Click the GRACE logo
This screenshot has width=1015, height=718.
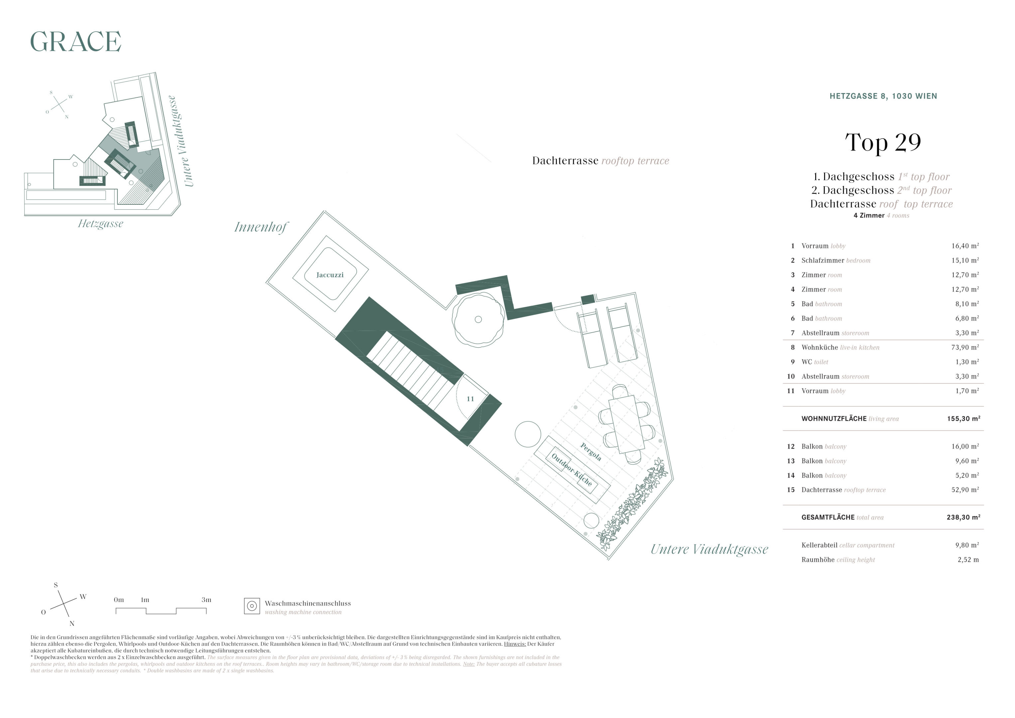[75, 41]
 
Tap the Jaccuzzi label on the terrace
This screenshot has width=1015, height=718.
[330, 275]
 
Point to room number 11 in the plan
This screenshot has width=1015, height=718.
[470, 399]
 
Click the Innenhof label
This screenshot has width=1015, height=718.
[261, 227]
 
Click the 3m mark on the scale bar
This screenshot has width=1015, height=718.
[206, 600]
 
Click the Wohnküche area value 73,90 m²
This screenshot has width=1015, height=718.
[965, 347]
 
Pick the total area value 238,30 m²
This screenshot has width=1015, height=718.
[963, 517]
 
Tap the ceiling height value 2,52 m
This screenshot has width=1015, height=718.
[968, 560]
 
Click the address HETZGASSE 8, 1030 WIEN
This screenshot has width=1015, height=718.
[883, 96]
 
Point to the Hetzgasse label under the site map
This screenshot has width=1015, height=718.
[100, 224]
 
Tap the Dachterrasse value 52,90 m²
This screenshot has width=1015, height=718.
[965, 490]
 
